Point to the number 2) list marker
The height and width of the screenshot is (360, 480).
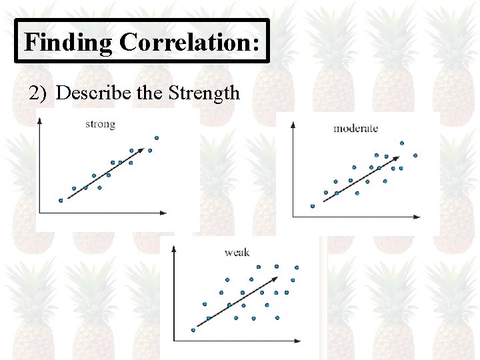point(39,93)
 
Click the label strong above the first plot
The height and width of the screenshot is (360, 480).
point(100,124)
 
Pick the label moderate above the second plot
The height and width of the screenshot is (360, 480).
point(356,128)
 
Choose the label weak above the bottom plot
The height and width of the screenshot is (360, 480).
point(237,252)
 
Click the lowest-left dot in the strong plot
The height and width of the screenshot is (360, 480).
point(61,200)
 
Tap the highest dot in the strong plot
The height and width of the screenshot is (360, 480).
point(157,139)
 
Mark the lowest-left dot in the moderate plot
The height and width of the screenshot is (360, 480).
point(312,206)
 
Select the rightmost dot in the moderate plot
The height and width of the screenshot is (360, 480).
point(415,155)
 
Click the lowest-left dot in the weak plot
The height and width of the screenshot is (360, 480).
point(193,329)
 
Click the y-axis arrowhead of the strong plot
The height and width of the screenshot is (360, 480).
point(40,119)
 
